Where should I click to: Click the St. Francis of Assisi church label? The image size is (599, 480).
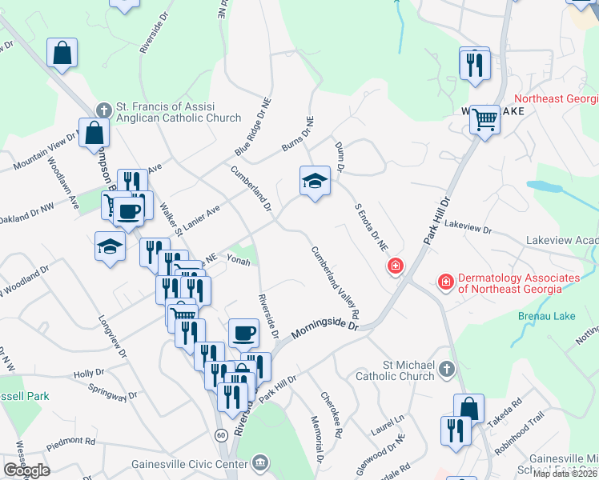tap(179, 112)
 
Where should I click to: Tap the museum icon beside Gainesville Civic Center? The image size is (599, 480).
tap(259, 462)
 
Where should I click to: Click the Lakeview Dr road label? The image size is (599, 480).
tap(468, 228)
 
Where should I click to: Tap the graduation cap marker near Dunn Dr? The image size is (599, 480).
tap(315, 182)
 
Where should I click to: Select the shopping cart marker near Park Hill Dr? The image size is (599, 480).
tap(484, 120)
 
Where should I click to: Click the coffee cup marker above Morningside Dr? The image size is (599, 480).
tap(243, 332)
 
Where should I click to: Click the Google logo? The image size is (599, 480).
tap(26, 470)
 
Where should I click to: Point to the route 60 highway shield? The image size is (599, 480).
tap(219, 434)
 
